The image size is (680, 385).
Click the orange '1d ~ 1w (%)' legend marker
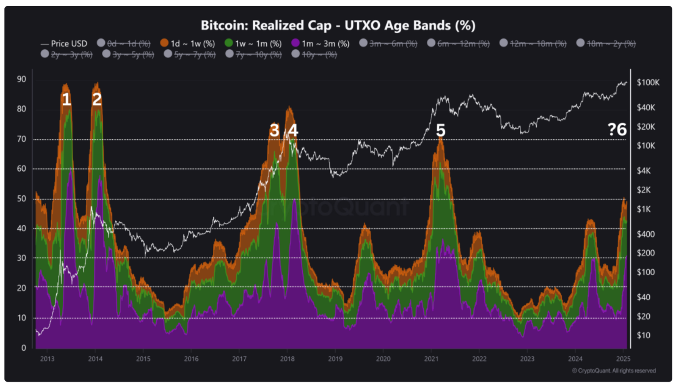[x=165, y=43]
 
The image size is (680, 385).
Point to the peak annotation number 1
[x=66, y=100]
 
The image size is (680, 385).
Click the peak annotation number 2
[x=97, y=100]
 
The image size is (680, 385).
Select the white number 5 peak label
[x=440, y=130]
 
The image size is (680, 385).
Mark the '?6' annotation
[x=617, y=130]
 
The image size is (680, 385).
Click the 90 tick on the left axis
[x=21, y=79]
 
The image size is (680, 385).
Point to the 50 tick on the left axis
[x=21, y=198]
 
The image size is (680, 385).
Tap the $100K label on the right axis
[x=648, y=83]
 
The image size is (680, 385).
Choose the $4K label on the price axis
[x=644, y=171]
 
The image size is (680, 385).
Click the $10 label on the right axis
[x=644, y=335]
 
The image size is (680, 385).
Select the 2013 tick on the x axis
[x=47, y=359]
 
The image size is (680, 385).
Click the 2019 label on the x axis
[x=335, y=359]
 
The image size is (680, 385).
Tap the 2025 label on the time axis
[x=623, y=359]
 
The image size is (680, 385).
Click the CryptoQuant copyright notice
[x=614, y=371]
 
